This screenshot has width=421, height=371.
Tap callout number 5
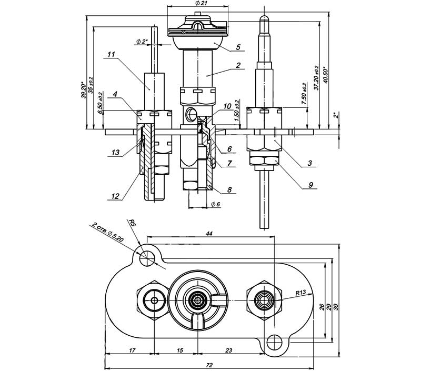(x=238, y=47)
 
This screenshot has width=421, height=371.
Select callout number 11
(x=111, y=55)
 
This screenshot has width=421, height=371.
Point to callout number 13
(x=115, y=153)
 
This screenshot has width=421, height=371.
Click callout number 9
(x=310, y=185)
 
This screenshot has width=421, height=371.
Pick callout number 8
(x=229, y=190)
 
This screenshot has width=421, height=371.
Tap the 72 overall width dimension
(x=209, y=365)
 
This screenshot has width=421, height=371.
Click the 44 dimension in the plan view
(x=209, y=234)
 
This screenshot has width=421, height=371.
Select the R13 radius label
(x=300, y=293)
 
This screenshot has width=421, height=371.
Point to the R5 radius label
(x=132, y=223)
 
